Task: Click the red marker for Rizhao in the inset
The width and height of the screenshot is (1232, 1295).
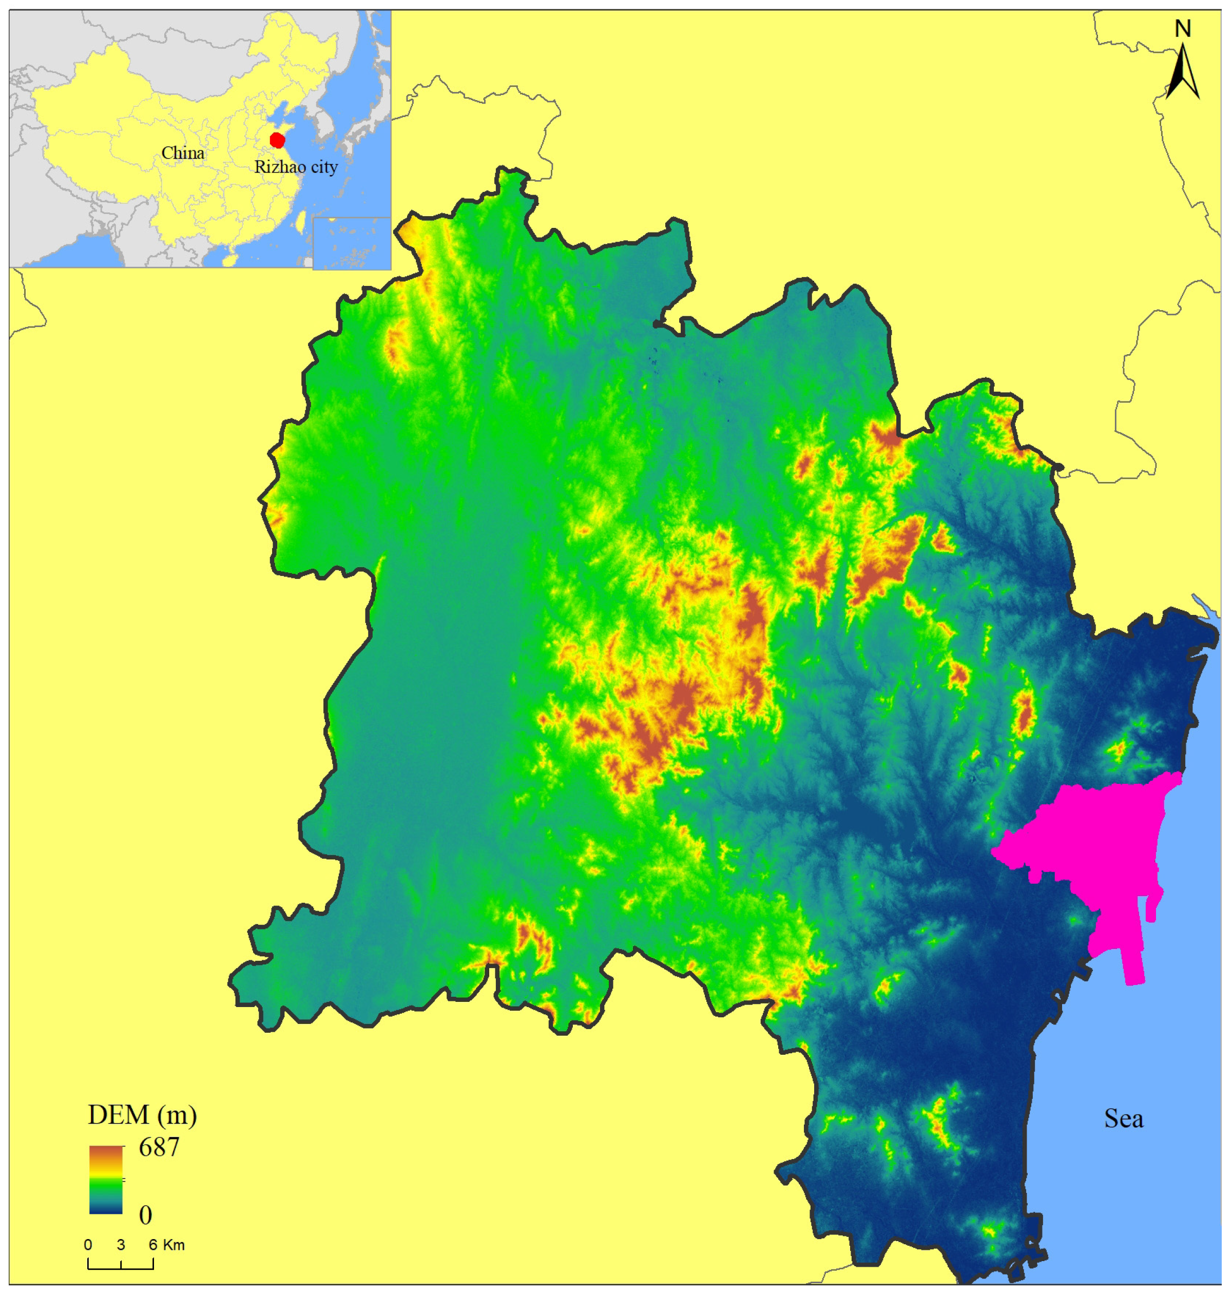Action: pyautogui.click(x=277, y=140)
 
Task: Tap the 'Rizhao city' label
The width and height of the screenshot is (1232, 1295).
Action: pyautogui.click(x=296, y=167)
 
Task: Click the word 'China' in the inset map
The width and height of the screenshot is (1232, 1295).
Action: pyautogui.click(x=183, y=153)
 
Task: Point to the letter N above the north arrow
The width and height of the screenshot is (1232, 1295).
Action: pyautogui.click(x=1183, y=29)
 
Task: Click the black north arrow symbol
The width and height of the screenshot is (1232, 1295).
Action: pyautogui.click(x=1183, y=73)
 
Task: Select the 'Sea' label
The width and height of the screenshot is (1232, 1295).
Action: pyautogui.click(x=1124, y=1118)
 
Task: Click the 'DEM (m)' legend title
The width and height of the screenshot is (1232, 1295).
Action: pyautogui.click(x=142, y=1114)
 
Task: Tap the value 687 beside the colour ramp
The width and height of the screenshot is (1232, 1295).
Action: pyautogui.click(x=159, y=1147)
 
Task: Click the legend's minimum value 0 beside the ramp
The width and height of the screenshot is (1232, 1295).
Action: pyautogui.click(x=145, y=1215)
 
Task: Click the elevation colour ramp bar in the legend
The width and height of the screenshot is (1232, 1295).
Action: pyautogui.click(x=106, y=1180)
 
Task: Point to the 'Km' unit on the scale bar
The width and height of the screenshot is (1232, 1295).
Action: pyautogui.click(x=174, y=1244)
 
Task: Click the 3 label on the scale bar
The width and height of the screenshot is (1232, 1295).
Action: pyautogui.click(x=121, y=1244)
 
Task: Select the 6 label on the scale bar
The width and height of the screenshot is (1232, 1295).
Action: pyautogui.click(x=153, y=1244)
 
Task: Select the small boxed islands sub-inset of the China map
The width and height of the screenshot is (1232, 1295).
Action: pyautogui.click(x=351, y=243)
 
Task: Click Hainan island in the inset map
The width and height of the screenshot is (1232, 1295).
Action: pyautogui.click(x=229, y=260)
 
